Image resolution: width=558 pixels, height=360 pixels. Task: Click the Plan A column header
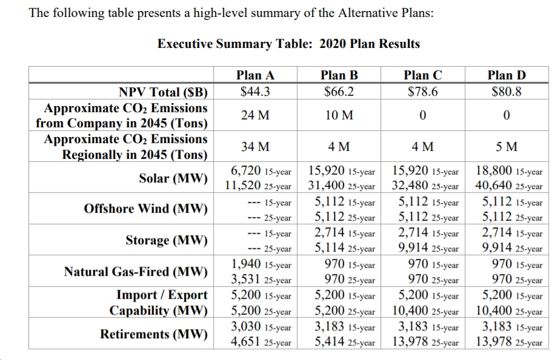(x=255, y=75)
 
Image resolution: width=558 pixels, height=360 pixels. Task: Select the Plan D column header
(x=507, y=75)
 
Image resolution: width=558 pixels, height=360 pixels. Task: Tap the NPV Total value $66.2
(x=339, y=92)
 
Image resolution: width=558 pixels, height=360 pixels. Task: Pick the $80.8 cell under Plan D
(x=507, y=92)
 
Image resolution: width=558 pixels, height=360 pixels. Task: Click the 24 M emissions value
(x=255, y=115)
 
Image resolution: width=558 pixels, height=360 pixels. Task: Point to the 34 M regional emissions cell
(x=255, y=147)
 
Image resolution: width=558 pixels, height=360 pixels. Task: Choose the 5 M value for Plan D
(x=507, y=147)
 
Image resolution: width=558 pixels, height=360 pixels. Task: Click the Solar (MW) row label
(x=173, y=178)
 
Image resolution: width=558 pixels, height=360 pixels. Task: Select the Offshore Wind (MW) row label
(x=145, y=208)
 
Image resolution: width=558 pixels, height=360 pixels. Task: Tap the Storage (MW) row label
(x=166, y=241)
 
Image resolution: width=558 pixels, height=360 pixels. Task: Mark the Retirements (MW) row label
(x=154, y=334)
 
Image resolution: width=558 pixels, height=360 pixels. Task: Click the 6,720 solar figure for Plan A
(x=246, y=170)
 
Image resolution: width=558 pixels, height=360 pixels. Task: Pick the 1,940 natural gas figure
(x=246, y=264)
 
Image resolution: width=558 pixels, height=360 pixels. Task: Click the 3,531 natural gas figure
(x=246, y=279)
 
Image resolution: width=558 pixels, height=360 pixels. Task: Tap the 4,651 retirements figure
(x=246, y=341)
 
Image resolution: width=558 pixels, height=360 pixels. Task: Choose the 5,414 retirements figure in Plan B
(x=330, y=341)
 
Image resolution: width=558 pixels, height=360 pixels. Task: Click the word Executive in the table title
(x=185, y=44)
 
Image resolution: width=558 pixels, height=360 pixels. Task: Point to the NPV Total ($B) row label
(x=163, y=92)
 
